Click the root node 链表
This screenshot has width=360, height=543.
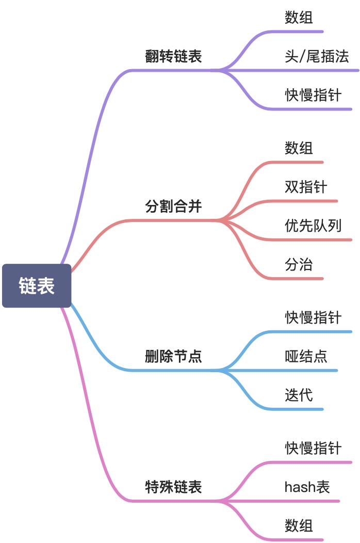click(x=37, y=286)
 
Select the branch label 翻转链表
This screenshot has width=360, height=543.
click(x=173, y=56)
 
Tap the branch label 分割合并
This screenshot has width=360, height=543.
click(x=173, y=206)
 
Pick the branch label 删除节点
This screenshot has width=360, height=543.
click(x=173, y=356)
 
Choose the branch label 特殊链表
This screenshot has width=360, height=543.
click(x=173, y=487)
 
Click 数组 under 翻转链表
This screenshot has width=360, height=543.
click(x=299, y=18)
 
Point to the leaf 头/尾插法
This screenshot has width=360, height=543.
click(x=317, y=56)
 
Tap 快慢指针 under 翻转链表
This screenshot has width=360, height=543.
click(x=313, y=95)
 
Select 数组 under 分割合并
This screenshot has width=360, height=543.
click(x=299, y=149)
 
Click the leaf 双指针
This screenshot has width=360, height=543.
click(x=306, y=187)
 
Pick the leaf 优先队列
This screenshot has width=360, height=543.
click(x=313, y=226)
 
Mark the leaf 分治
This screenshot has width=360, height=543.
click(x=299, y=265)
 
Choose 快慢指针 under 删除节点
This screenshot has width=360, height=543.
click(x=313, y=317)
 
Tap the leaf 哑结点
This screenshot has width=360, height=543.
click(x=306, y=356)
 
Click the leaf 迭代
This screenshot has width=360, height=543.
click(x=299, y=395)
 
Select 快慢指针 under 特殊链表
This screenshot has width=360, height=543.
click(x=313, y=448)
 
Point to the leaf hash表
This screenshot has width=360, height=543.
click(x=307, y=487)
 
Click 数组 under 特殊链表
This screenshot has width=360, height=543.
click(x=299, y=526)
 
